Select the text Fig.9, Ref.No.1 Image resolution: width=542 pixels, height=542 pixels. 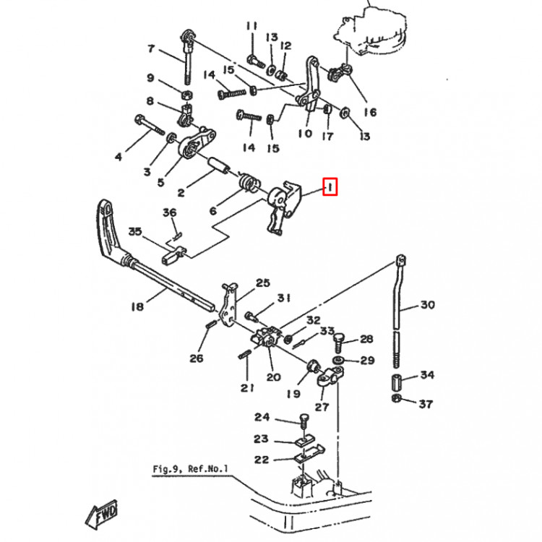(x=190, y=469)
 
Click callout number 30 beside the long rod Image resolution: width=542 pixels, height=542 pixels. (x=428, y=305)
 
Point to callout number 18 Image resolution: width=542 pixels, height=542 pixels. (x=137, y=306)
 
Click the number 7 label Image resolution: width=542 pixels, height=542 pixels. (x=151, y=49)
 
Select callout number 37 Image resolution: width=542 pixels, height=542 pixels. (x=427, y=403)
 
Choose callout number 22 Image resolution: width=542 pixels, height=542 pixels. (x=261, y=460)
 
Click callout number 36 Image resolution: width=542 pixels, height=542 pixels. (x=169, y=212)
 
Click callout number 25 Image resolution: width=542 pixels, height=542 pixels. (x=262, y=283)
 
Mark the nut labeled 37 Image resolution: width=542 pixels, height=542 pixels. (x=396, y=399)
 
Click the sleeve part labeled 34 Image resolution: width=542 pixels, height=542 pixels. (x=397, y=381)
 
